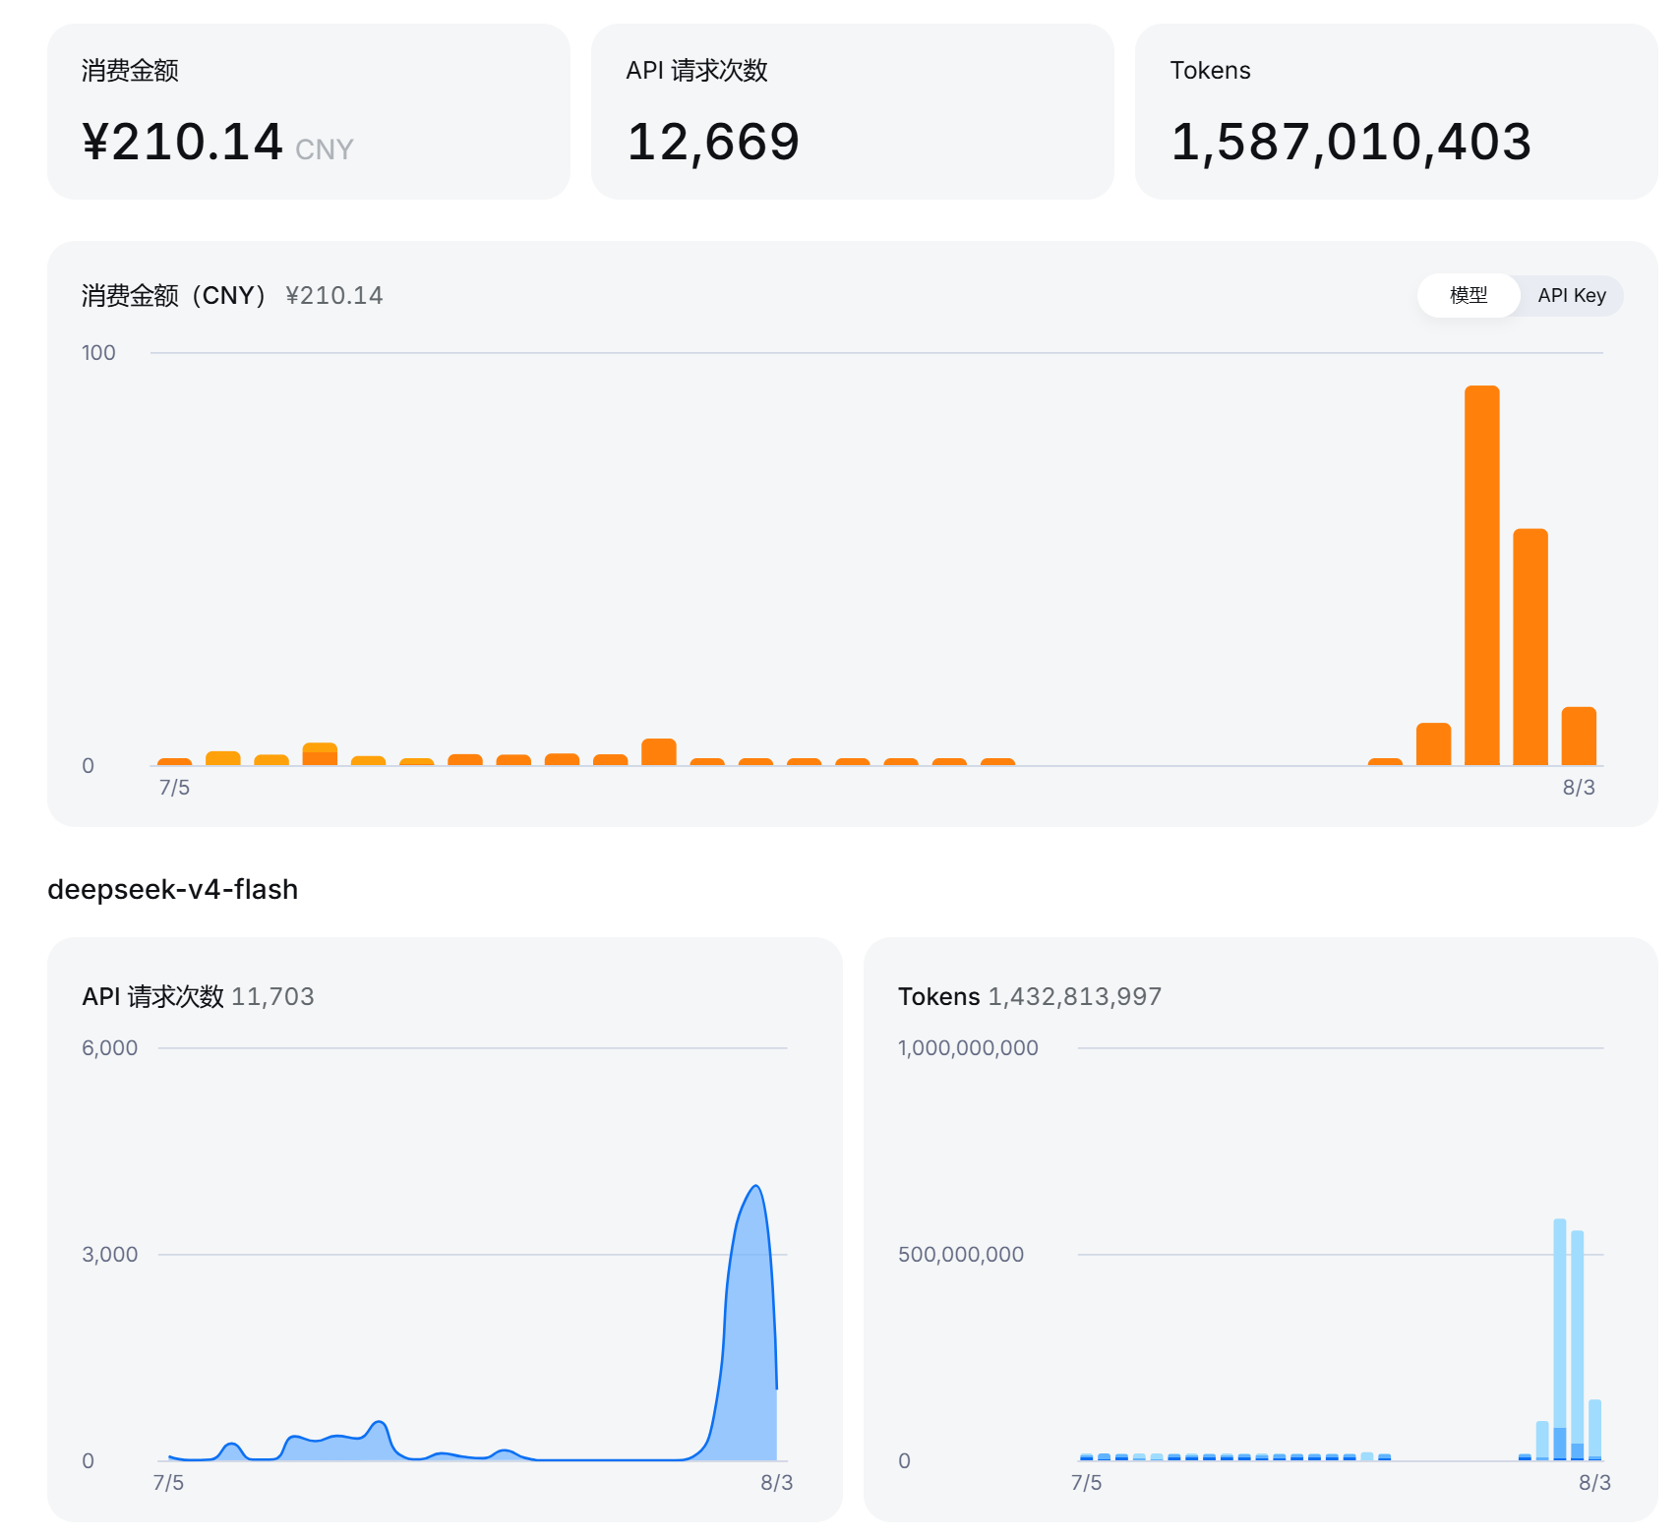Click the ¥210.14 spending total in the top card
183,142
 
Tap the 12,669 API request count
713,142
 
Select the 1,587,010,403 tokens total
1350,142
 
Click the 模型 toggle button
1469,295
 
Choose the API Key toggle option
1572,295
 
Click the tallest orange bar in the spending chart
1481,575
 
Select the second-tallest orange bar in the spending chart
1530,647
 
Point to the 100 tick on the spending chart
98,353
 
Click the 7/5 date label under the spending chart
174,788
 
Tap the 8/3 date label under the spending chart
1579,788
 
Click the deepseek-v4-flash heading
173,889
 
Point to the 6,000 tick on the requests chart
110,1048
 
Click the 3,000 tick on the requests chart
110,1255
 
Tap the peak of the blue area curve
755,1186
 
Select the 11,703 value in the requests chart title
272,996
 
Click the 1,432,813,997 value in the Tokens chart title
1074,996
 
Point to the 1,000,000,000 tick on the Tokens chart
968,1048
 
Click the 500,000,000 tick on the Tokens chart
961,1255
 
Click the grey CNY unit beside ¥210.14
324,149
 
